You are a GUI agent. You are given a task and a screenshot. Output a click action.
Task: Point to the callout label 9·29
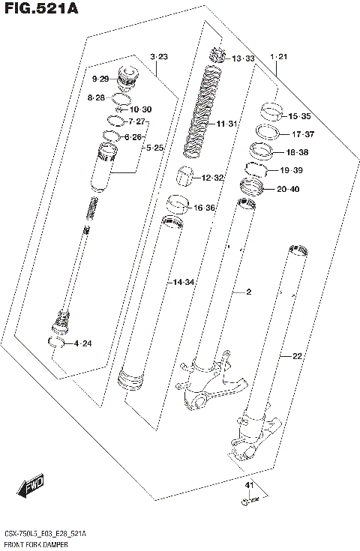pyautogui.click(x=100, y=79)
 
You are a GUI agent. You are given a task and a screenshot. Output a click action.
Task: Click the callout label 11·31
pyautogui.click(x=226, y=124)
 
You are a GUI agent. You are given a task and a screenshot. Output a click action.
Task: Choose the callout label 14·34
pyautogui.click(x=184, y=282)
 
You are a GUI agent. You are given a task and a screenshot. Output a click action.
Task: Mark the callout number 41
pyautogui.click(x=250, y=487)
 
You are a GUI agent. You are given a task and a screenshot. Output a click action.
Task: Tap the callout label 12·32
pyautogui.click(x=213, y=178)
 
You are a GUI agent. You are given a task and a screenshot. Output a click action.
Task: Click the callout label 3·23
pyautogui.click(x=158, y=57)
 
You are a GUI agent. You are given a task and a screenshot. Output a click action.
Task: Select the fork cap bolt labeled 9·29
pyautogui.click(x=127, y=77)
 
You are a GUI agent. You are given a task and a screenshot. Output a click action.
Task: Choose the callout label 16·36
pyautogui.click(x=205, y=208)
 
